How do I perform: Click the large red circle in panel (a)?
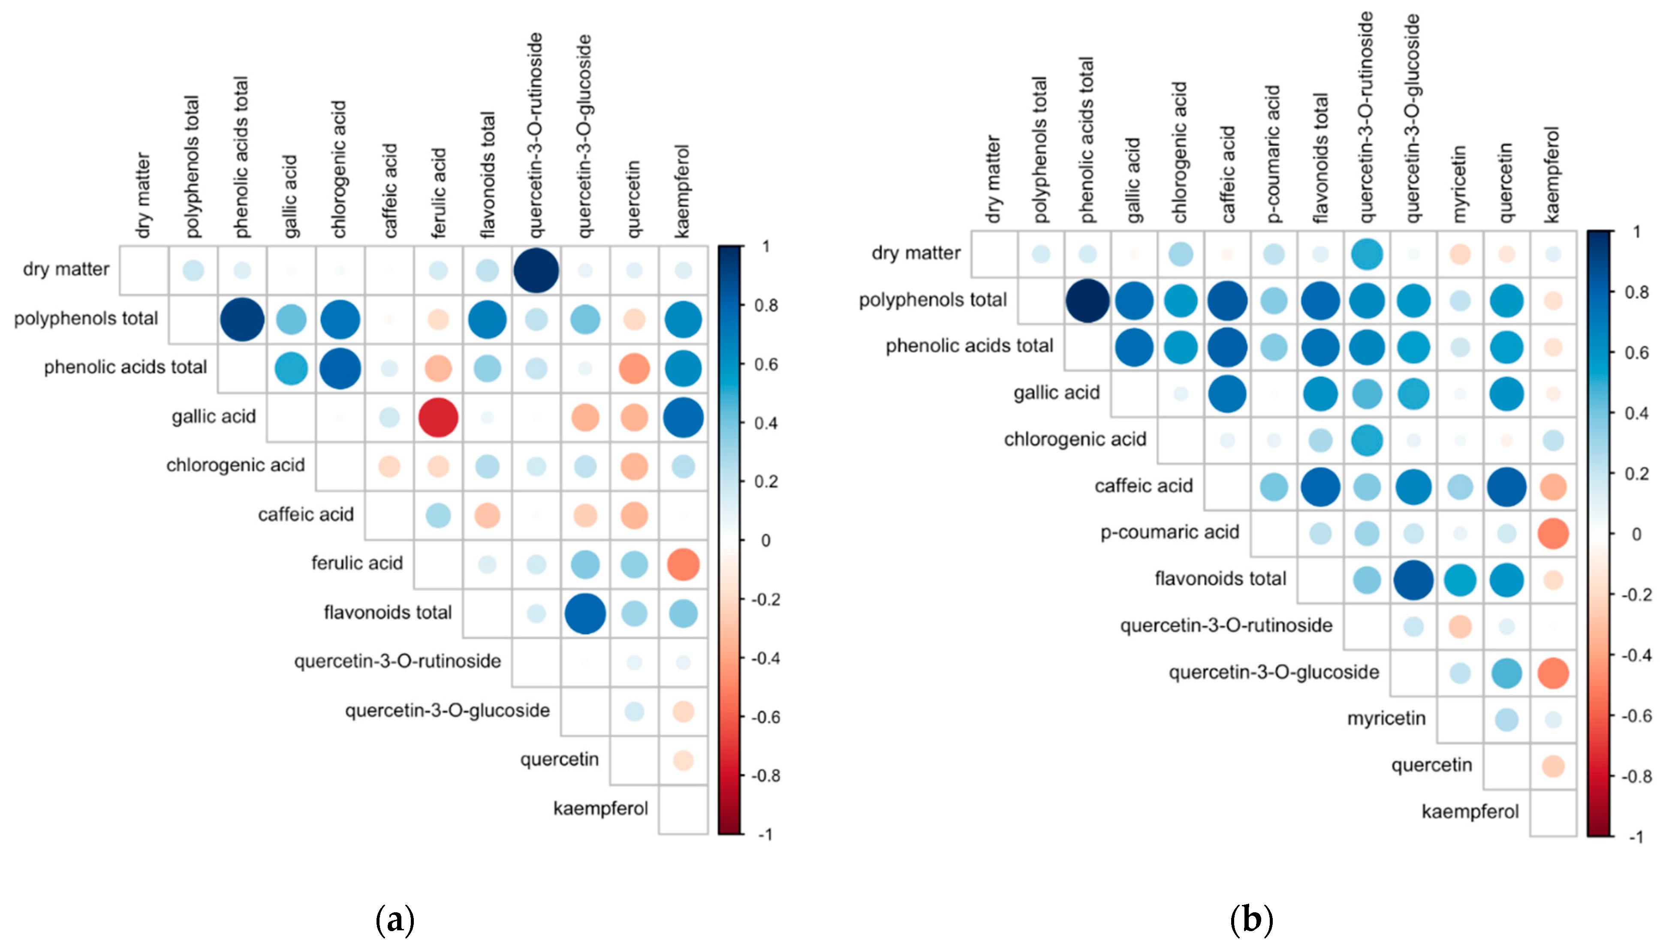pyautogui.click(x=438, y=418)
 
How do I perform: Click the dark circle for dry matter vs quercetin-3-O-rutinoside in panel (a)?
pyautogui.click(x=536, y=270)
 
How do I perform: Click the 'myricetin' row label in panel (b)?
pyautogui.click(x=1386, y=719)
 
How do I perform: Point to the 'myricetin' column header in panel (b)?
pyautogui.click(x=1459, y=183)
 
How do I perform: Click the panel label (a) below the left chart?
pyautogui.click(x=395, y=920)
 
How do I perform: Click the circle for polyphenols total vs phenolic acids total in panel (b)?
pyautogui.click(x=1088, y=301)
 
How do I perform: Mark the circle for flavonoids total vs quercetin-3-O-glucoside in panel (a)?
pyautogui.click(x=585, y=613)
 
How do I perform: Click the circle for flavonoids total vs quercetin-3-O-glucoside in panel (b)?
pyautogui.click(x=1413, y=580)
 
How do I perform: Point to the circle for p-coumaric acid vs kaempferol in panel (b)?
pyautogui.click(x=1553, y=533)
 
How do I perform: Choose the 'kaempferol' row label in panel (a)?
pyautogui.click(x=600, y=809)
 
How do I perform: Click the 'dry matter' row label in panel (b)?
pyautogui.click(x=916, y=253)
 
